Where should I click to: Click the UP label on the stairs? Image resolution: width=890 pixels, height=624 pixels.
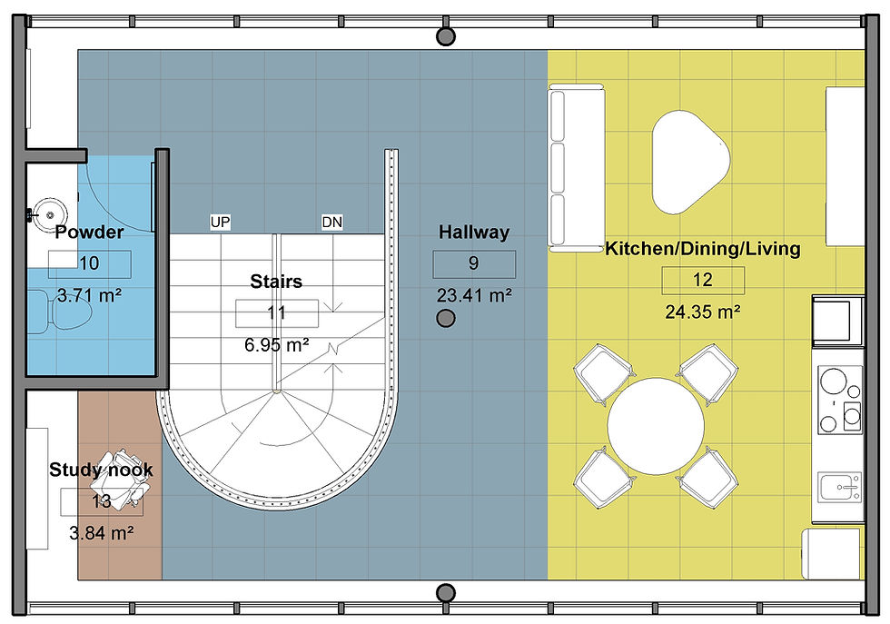coord(220,223)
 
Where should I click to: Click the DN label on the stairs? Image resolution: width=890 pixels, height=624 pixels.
coord(331,223)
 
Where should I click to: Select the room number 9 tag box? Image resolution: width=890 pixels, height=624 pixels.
coord(474,264)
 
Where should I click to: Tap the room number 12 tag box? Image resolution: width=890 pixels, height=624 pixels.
coord(702,280)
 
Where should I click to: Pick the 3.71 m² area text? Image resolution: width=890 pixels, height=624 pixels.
coord(90,295)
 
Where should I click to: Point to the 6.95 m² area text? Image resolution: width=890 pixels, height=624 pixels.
coord(277,344)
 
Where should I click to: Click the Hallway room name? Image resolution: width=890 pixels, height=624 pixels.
coord(474,233)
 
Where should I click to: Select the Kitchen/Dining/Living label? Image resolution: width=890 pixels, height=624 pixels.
coord(702,248)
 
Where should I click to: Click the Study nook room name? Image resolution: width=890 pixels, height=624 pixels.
coord(101,470)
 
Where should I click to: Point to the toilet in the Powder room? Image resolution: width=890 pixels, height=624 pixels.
coord(64,310)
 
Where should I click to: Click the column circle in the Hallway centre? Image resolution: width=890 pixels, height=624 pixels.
coord(445,318)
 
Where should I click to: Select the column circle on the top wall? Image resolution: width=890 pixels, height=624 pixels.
coord(445,36)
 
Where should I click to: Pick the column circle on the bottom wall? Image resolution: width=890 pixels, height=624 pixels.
coord(445,592)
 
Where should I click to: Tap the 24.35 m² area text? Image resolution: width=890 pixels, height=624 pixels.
coord(702,312)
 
